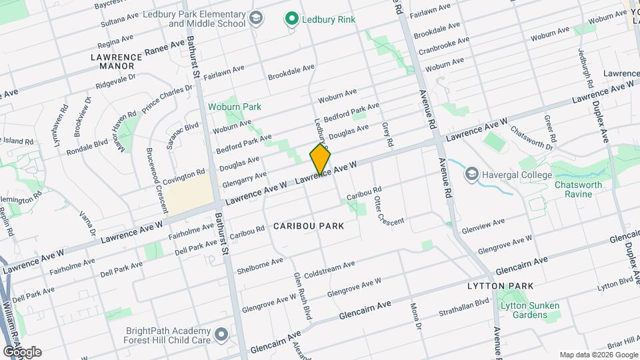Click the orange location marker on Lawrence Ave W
coord(320,159)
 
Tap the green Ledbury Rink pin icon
coord(291,19)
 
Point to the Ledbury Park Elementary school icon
coord(255,19)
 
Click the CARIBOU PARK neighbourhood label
coord(309,226)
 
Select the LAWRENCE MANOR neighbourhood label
coord(117,61)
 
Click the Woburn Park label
coord(234,107)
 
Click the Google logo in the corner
coord(21,351)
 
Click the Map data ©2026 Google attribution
coord(597,355)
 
